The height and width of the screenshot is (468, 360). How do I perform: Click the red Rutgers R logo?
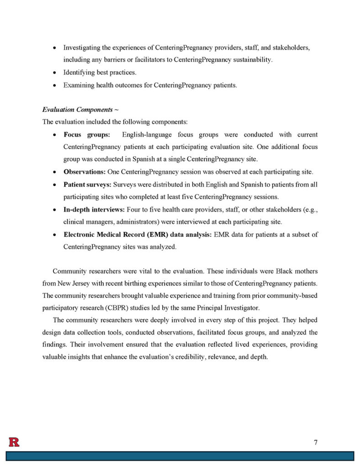(x=14, y=442)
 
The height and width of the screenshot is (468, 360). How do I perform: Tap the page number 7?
(x=316, y=442)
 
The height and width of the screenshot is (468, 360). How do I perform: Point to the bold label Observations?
(x=85, y=172)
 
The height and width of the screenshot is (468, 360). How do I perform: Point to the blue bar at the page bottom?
(x=180, y=456)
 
